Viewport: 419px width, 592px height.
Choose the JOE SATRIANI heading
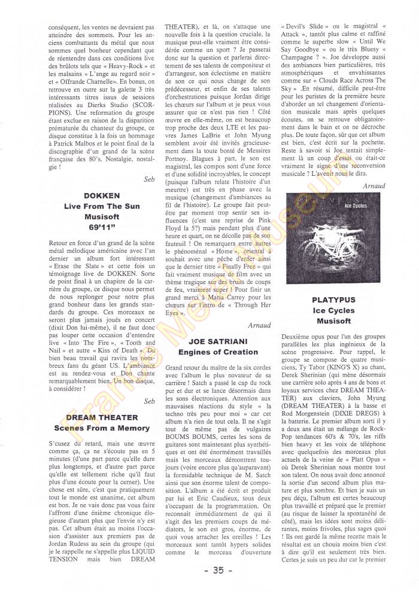click(x=214, y=340)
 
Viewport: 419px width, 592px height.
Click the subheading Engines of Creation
click(x=214, y=352)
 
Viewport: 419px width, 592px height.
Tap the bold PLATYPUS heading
click(x=333, y=299)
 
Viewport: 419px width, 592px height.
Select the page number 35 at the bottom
click(x=213, y=570)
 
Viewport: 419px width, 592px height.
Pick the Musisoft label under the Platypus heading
click(x=333, y=322)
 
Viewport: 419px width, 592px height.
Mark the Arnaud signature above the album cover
click(x=374, y=186)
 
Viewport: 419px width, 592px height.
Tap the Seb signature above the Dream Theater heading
click(x=149, y=401)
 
